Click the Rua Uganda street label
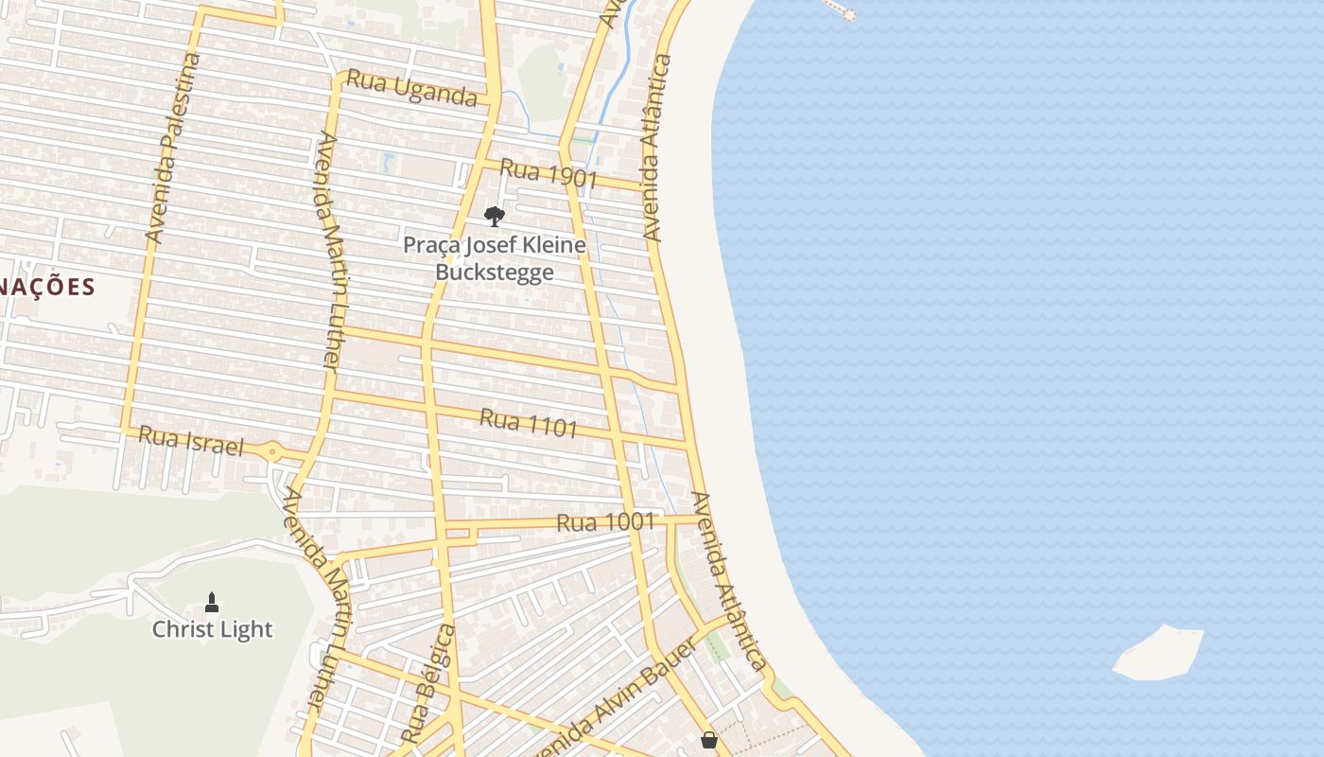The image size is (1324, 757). point(411,88)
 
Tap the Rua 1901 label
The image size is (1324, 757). point(549,173)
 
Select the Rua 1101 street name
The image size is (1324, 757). point(529,422)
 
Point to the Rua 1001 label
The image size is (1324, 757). point(605,522)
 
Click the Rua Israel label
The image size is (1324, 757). point(191,440)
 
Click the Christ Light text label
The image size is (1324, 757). point(212,629)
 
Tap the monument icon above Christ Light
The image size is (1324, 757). point(212,602)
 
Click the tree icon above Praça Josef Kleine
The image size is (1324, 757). point(494,217)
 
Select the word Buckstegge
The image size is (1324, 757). point(494,273)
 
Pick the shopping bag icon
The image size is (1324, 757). point(709,740)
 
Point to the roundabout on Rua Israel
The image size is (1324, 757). point(272,452)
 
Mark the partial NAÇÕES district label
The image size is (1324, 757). point(47,287)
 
